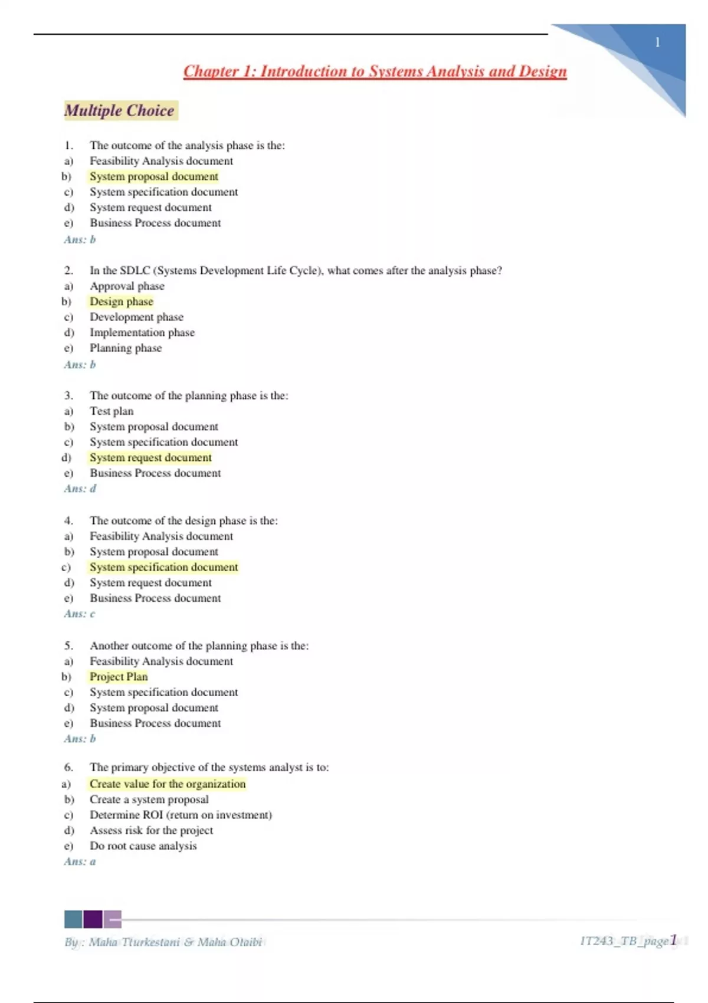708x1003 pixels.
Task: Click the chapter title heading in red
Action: (375, 71)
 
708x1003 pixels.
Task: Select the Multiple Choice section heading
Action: (120, 110)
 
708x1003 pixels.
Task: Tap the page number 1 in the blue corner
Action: (657, 42)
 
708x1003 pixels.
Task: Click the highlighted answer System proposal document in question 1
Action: (154, 176)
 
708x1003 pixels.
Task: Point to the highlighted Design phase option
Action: (122, 301)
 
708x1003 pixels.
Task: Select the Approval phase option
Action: (127, 286)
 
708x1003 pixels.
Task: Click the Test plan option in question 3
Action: (112, 411)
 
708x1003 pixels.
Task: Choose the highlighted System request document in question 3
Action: (150, 457)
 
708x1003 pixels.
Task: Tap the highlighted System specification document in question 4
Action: (164, 567)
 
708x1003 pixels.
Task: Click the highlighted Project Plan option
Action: (119, 677)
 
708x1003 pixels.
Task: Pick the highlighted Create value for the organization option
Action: (168, 784)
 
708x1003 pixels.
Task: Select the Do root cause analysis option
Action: (143, 846)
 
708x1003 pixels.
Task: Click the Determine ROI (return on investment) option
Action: (181, 815)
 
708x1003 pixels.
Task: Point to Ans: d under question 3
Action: (80, 489)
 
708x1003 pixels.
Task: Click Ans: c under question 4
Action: (80, 614)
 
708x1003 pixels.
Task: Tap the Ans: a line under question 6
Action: (80, 861)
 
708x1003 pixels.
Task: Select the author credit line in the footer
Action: (163, 942)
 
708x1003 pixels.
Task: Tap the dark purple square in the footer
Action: (93, 919)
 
